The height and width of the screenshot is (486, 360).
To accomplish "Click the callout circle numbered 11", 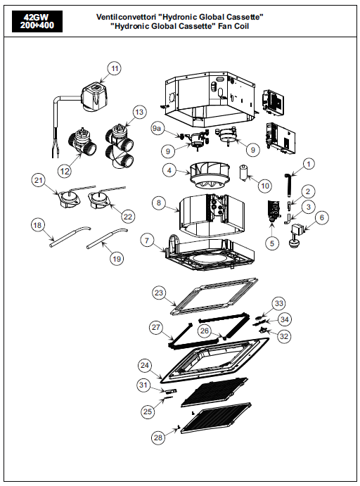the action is click(115, 68).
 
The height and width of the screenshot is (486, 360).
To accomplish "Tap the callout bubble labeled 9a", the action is click(157, 128).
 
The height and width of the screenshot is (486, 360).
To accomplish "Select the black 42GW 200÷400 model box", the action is click(37, 21).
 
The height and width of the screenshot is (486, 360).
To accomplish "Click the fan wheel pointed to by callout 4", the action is click(209, 175).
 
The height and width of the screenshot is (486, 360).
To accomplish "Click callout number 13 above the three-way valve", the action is click(139, 112).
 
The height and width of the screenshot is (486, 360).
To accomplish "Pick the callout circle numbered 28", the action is click(158, 437).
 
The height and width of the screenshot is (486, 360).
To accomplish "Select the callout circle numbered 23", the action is click(159, 293).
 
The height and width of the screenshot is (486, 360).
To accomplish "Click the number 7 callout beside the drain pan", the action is click(147, 241).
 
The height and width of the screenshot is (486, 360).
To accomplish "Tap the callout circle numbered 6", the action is click(321, 217).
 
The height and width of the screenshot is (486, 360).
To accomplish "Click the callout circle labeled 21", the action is click(39, 180).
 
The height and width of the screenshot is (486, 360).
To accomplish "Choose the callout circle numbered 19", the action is click(117, 258).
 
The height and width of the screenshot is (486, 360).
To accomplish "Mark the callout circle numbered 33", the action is click(279, 303).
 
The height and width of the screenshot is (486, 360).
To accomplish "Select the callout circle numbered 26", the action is click(205, 331).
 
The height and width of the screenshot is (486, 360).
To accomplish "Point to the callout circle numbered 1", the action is click(308, 164).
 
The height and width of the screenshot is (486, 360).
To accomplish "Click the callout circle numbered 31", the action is click(143, 385).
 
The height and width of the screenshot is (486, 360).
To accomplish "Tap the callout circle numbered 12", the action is click(65, 171).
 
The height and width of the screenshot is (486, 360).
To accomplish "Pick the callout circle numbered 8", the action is click(159, 203).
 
